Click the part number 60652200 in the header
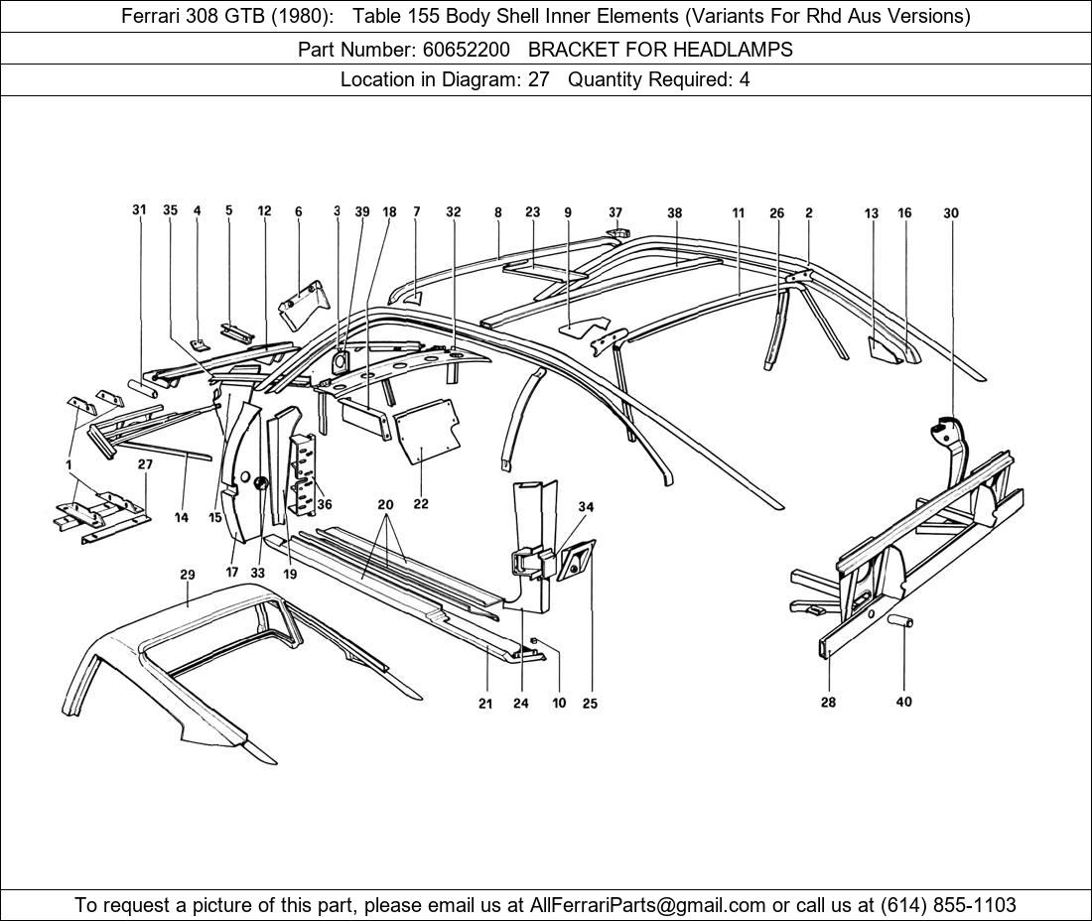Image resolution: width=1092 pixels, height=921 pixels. [466, 50]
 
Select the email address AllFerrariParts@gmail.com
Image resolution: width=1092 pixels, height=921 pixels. [647, 905]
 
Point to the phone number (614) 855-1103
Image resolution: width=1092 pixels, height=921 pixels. [948, 905]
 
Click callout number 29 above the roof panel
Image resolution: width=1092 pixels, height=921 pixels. [188, 575]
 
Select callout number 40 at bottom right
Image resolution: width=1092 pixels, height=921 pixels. [903, 702]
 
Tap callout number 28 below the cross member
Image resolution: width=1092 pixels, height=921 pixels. [828, 703]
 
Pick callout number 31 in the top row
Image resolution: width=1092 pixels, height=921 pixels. [140, 209]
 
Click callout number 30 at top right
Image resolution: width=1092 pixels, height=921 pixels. [951, 213]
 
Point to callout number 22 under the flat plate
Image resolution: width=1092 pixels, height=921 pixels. [421, 503]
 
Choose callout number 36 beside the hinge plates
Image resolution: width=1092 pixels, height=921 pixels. [324, 504]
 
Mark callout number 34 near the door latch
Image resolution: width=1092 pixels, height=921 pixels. [586, 507]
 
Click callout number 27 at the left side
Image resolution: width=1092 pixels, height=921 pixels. [145, 464]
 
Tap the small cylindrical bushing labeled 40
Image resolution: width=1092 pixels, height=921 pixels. [900, 620]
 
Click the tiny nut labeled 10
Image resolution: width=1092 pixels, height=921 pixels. [533, 640]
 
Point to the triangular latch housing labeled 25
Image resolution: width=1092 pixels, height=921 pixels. [576, 559]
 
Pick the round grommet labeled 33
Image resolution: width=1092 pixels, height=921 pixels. [262, 483]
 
